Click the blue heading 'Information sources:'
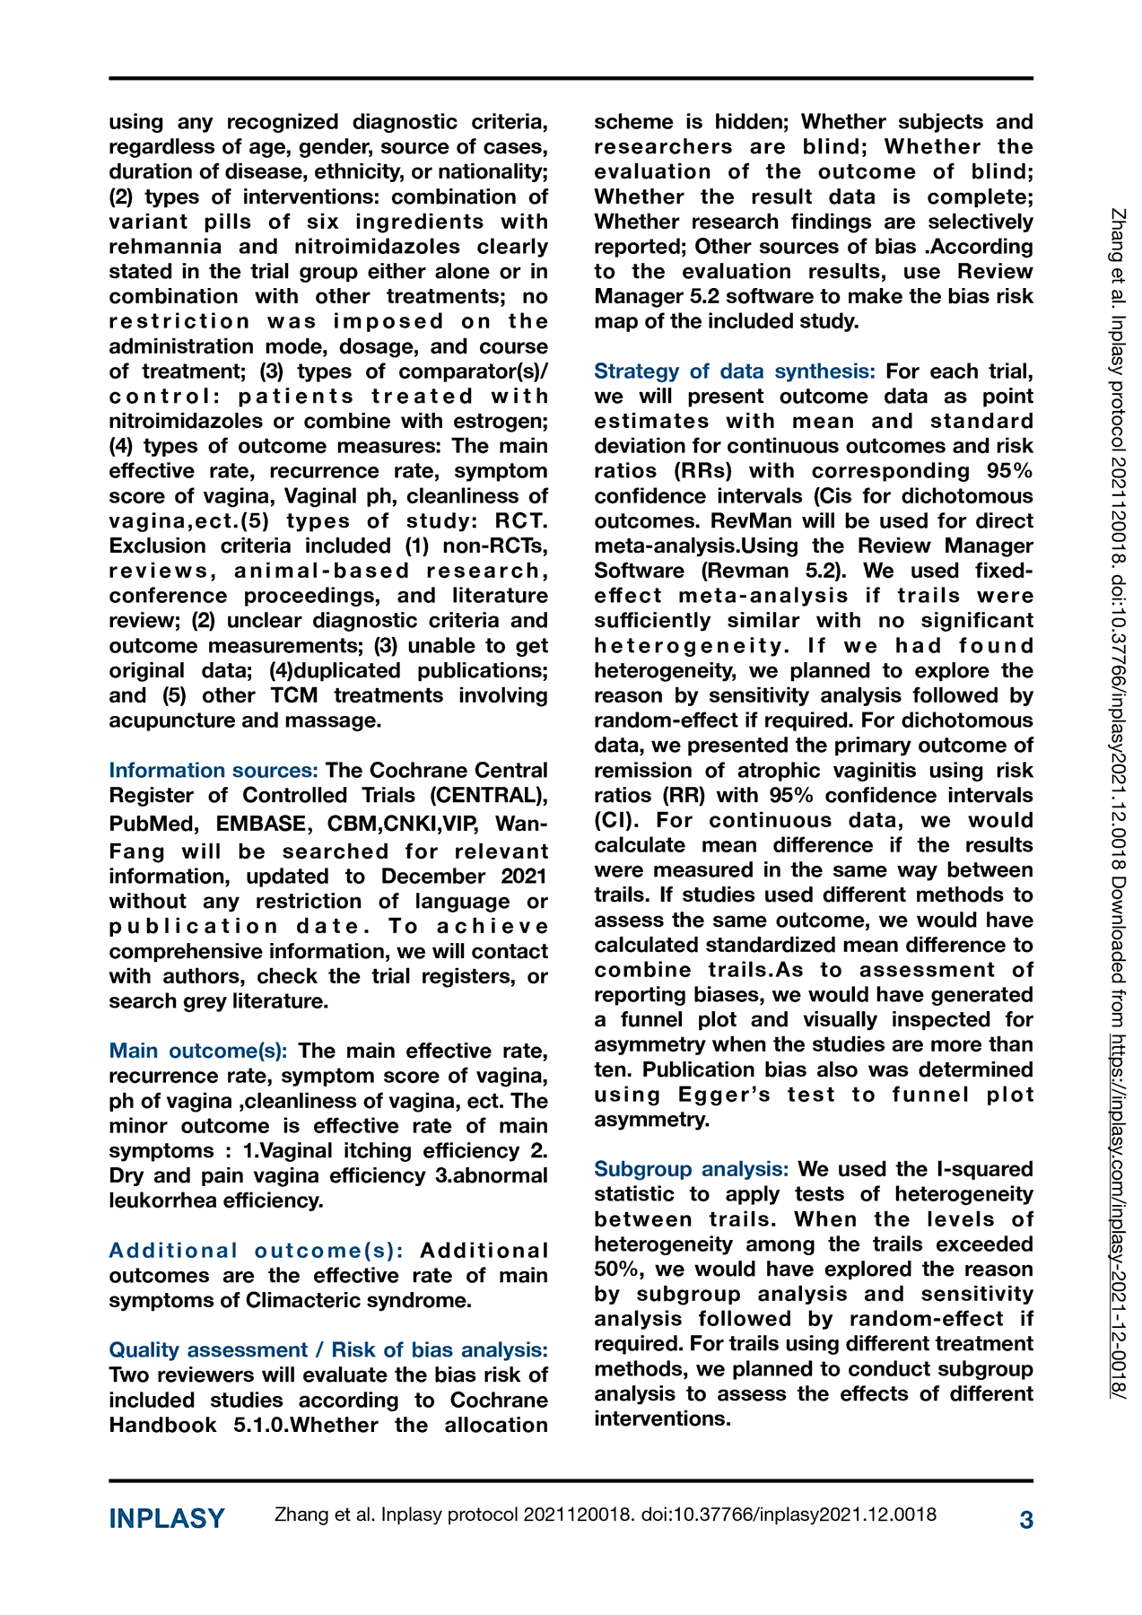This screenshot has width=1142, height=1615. [214, 771]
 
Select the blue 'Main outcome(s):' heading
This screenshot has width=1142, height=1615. [198, 1051]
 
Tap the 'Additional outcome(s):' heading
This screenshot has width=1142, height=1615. [256, 1251]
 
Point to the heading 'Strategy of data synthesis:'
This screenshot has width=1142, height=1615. [735, 371]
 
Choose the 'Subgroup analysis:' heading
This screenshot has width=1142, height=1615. [691, 1169]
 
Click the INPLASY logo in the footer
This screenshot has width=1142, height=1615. [167, 1518]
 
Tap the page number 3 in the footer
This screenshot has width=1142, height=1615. [1026, 1519]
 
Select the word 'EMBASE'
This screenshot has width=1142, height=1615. [260, 825]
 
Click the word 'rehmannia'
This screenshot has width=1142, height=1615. [163, 247]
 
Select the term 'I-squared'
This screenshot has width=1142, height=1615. [984, 1169]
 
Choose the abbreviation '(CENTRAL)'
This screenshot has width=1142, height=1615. [488, 796]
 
